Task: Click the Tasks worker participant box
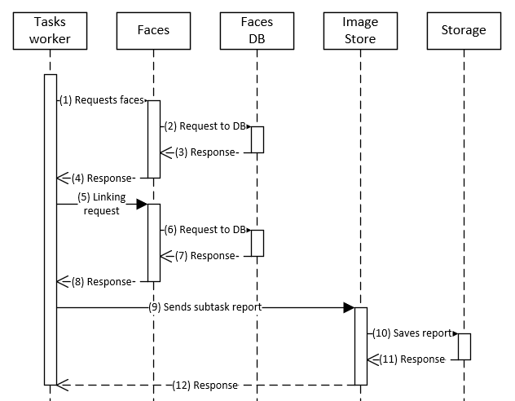(50, 30)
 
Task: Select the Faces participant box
(153, 30)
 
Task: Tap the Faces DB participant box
(257, 30)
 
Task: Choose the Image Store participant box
(360, 30)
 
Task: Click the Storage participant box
(464, 30)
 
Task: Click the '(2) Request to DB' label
(205, 126)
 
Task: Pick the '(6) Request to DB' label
(205, 230)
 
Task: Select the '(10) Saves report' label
(412, 333)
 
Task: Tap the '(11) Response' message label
(410, 359)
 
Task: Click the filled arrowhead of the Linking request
(141, 204)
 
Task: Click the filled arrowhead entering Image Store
(348, 307)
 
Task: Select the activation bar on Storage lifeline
(464, 346)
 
